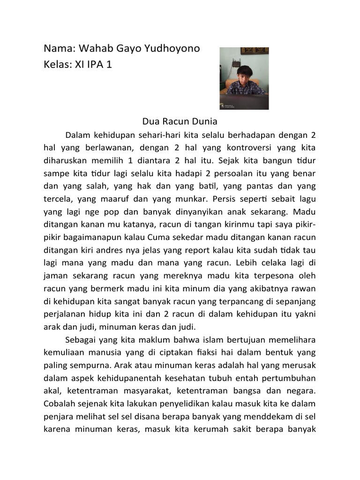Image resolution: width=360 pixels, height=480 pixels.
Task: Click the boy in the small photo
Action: (244, 80)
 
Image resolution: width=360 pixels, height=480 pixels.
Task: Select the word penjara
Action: (59, 416)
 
